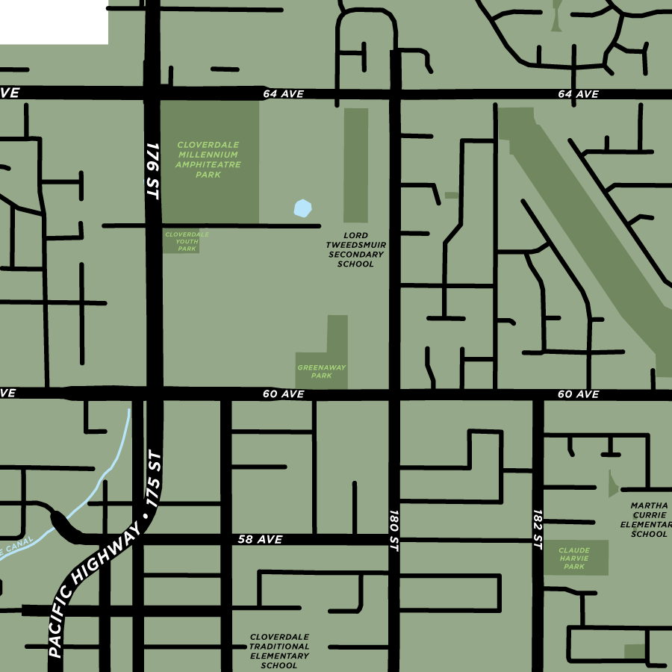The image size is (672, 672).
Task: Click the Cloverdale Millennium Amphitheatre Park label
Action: (x=208, y=159)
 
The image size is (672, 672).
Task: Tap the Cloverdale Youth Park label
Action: (x=187, y=241)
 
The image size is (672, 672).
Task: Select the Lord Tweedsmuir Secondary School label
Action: (x=356, y=249)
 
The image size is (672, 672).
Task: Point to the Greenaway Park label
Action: (x=321, y=371)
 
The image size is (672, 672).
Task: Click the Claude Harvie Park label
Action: (x=574, y=559)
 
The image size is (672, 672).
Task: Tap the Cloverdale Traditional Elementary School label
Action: (x=279, y=651)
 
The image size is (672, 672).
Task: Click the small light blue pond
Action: (x=302, y=208)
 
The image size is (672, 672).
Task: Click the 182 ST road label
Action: (x=538, y=530)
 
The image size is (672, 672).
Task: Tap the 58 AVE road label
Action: (x=260, y=539)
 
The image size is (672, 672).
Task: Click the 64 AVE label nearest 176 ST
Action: (x=283, y=94)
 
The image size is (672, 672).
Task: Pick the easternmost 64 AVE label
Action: (x=578, y=94)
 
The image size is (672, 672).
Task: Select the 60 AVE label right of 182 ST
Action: (x=578, y=394)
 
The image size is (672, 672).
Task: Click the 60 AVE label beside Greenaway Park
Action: (x=283, y=394)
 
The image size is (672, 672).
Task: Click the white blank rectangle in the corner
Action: (x=54, y=22)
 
